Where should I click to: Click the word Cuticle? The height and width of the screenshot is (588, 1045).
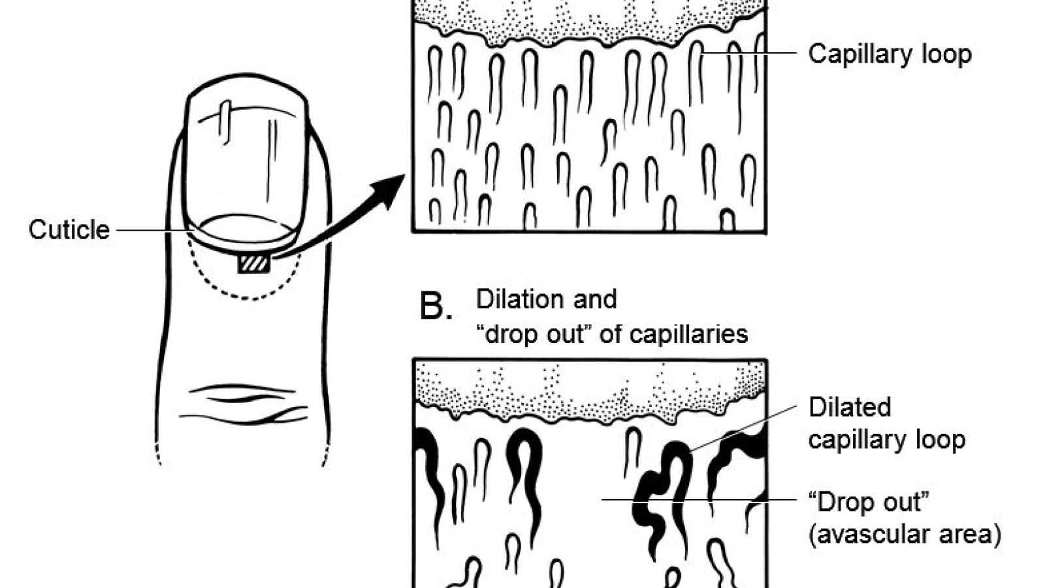[69, 230]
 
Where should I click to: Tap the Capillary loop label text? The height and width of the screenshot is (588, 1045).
[889, 54]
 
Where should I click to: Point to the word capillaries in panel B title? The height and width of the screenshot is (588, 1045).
[688, 334]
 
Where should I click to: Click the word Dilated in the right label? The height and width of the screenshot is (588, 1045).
[849, 407]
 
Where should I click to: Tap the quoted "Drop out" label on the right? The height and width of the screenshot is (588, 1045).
[868, 502]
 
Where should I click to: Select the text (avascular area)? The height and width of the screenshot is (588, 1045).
[904, 534]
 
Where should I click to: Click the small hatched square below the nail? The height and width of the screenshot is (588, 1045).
[253, 264]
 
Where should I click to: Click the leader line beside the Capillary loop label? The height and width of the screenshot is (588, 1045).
[751, 52]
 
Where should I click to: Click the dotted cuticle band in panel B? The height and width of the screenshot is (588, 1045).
[588, 389]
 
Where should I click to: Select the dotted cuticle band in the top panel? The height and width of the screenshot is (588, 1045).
[588, 20]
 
